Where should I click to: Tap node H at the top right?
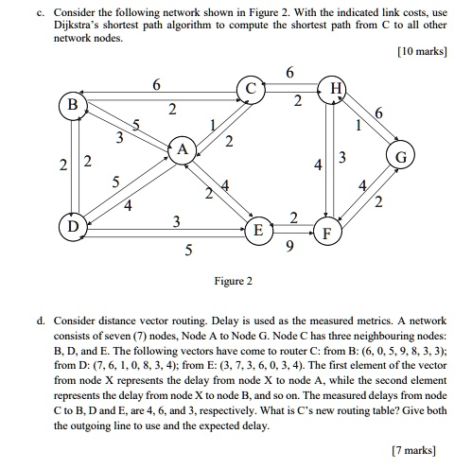(x=335, y=89)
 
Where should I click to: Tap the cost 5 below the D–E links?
(x=187, y=252)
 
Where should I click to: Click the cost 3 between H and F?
(x=342, y=156)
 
